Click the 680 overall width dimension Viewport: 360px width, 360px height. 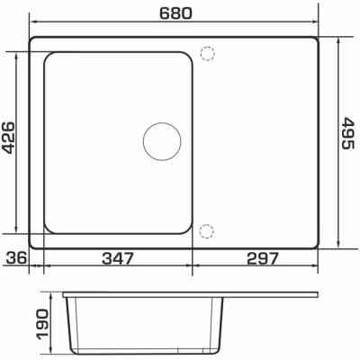click(175, 13)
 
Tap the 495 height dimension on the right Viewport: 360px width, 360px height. click(348, 133)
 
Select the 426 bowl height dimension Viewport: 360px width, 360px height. click(7, 138)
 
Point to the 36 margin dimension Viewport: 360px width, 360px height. click(17, 258)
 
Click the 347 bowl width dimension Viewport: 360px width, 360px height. click(117, 258)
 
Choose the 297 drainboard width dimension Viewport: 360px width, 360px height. click(263, 258)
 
